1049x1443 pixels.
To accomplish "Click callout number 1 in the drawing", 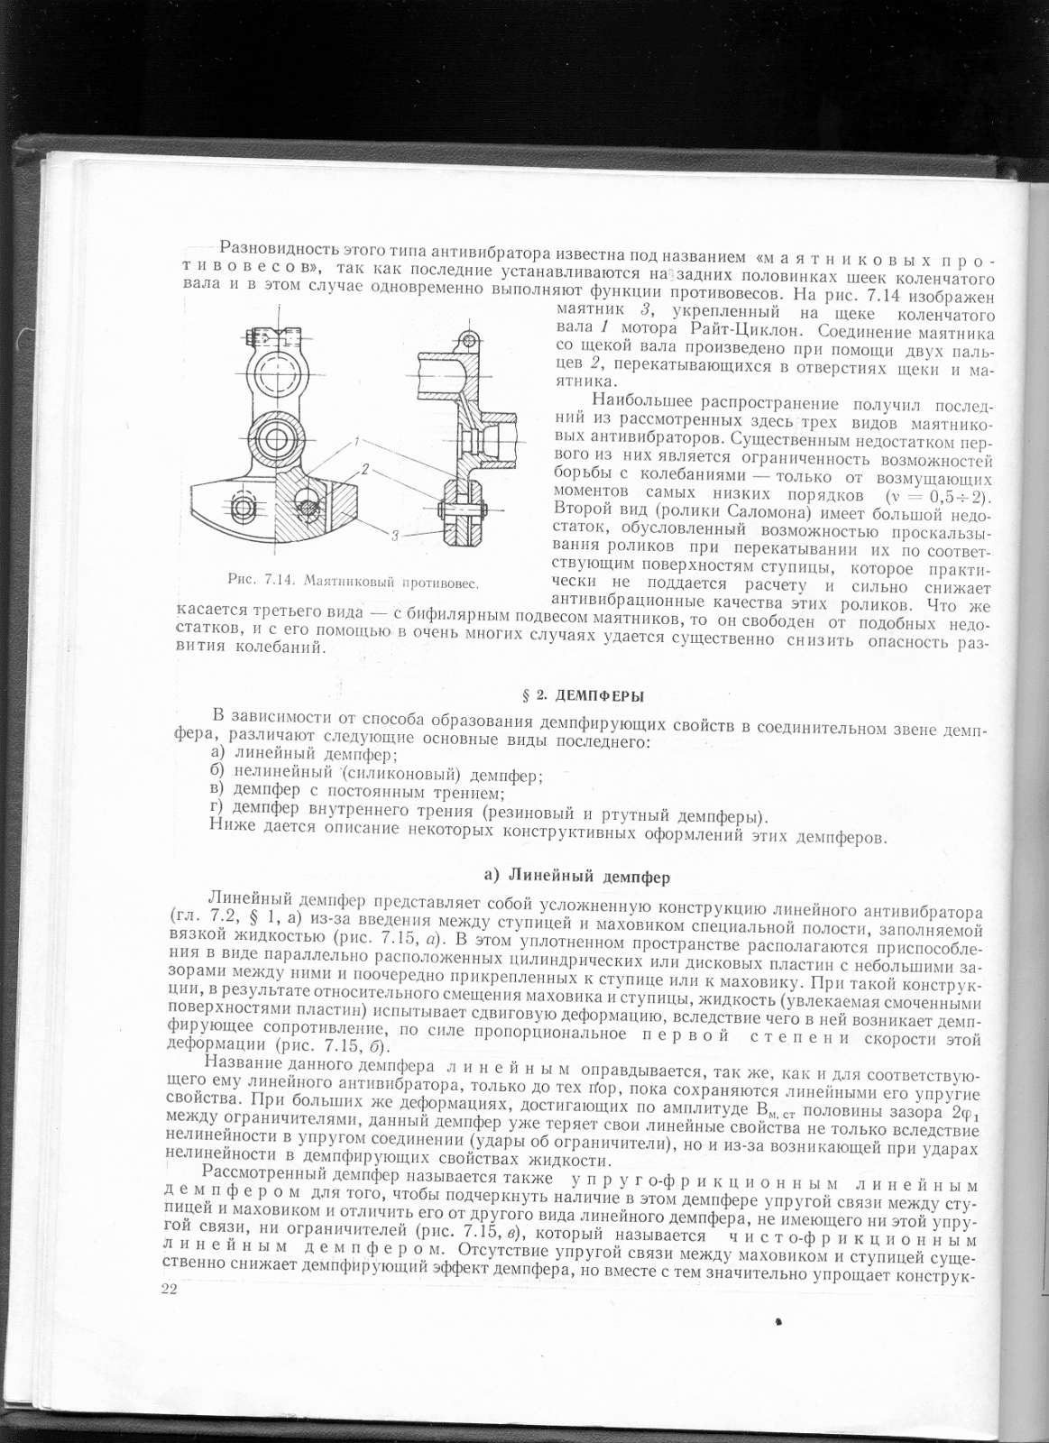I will tap(358, 441).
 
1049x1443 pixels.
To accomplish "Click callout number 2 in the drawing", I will tap(366, 469).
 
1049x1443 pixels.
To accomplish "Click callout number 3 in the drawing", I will tap(394, 536).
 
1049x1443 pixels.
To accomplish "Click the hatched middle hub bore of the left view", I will tap(274, 440).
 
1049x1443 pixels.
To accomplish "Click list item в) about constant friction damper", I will tap(356, 793).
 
